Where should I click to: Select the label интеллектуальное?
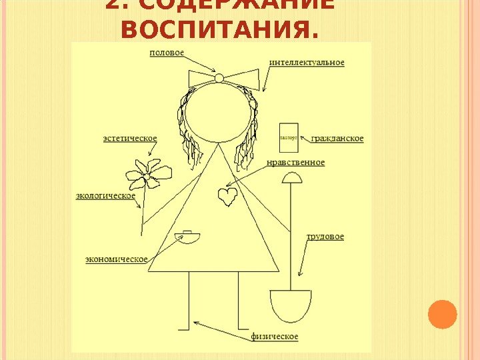click(307, 63)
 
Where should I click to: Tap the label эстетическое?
click(130, 139)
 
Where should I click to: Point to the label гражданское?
click(337, 139)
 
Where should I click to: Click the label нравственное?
click(295, 163)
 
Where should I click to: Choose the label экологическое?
click(105, 196)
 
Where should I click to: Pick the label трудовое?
click(325, 237)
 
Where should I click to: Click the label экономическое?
click(117, 259)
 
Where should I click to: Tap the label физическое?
click(275, 336)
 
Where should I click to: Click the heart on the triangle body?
click(227, 196)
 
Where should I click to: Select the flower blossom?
click(148, 173)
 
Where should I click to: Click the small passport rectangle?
click(289, 137)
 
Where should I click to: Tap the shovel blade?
click(291, 307)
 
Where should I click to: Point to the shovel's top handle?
click(291, 177)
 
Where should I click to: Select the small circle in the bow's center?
click(219, 79)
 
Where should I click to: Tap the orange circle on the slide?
click(442, 315)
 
